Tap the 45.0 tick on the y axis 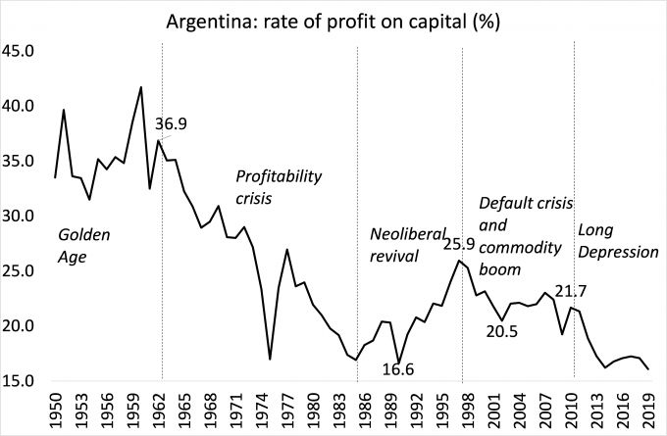pyautogui.click(x=21, y=51)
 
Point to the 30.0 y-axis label pyautogui.click(x=21, y=216)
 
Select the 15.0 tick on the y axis pyautogui.click(x=21, y=380)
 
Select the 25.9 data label pyautogui.click(x=459, y=244)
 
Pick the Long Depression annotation pyautogui.click(x=617, y=241)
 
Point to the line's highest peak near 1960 pyautogui.click(x=141, y=87)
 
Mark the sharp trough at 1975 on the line pyautogui.click(x=270, y=360)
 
